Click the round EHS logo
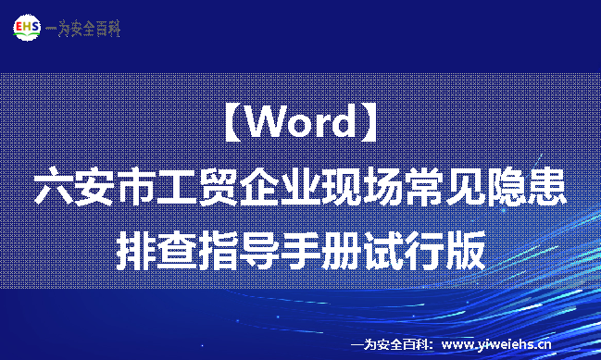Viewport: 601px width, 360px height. click(x=28, y=28)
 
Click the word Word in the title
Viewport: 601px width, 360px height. click(x=301, y=123)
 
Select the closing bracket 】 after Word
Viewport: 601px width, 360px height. click(x=369, y=123)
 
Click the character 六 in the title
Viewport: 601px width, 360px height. click(x=52, y=187)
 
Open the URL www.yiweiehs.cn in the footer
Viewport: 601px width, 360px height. click(x=499, y=344)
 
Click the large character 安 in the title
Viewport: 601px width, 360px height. click(x=95, y=187)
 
